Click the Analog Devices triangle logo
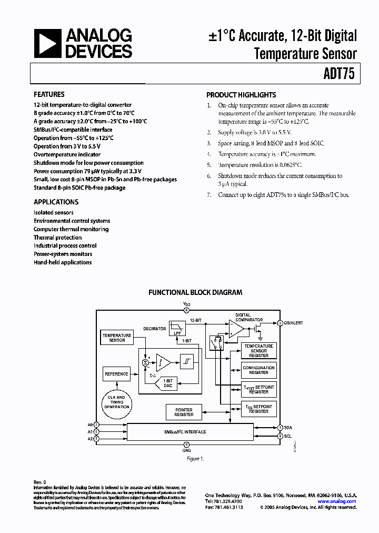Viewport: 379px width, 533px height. point(46,44)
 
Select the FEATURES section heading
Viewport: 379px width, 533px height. point(49,95)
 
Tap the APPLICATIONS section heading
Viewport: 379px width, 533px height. point(56,202)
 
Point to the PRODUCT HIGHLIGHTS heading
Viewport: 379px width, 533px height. point(241,95)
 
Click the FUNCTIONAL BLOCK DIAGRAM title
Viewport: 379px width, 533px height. point(195,292)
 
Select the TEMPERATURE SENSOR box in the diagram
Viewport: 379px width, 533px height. point(117,338)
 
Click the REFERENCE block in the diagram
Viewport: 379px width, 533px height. point(116,374)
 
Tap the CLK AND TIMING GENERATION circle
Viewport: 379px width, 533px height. point(117,402)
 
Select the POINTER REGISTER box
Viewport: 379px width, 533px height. point(184,412)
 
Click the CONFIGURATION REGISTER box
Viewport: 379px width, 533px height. point(258,370)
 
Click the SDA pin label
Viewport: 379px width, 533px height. point(287,427)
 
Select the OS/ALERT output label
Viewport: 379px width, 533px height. point(293,323)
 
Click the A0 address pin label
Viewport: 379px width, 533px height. point(90,424)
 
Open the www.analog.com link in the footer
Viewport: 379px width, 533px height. point(337,501)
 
